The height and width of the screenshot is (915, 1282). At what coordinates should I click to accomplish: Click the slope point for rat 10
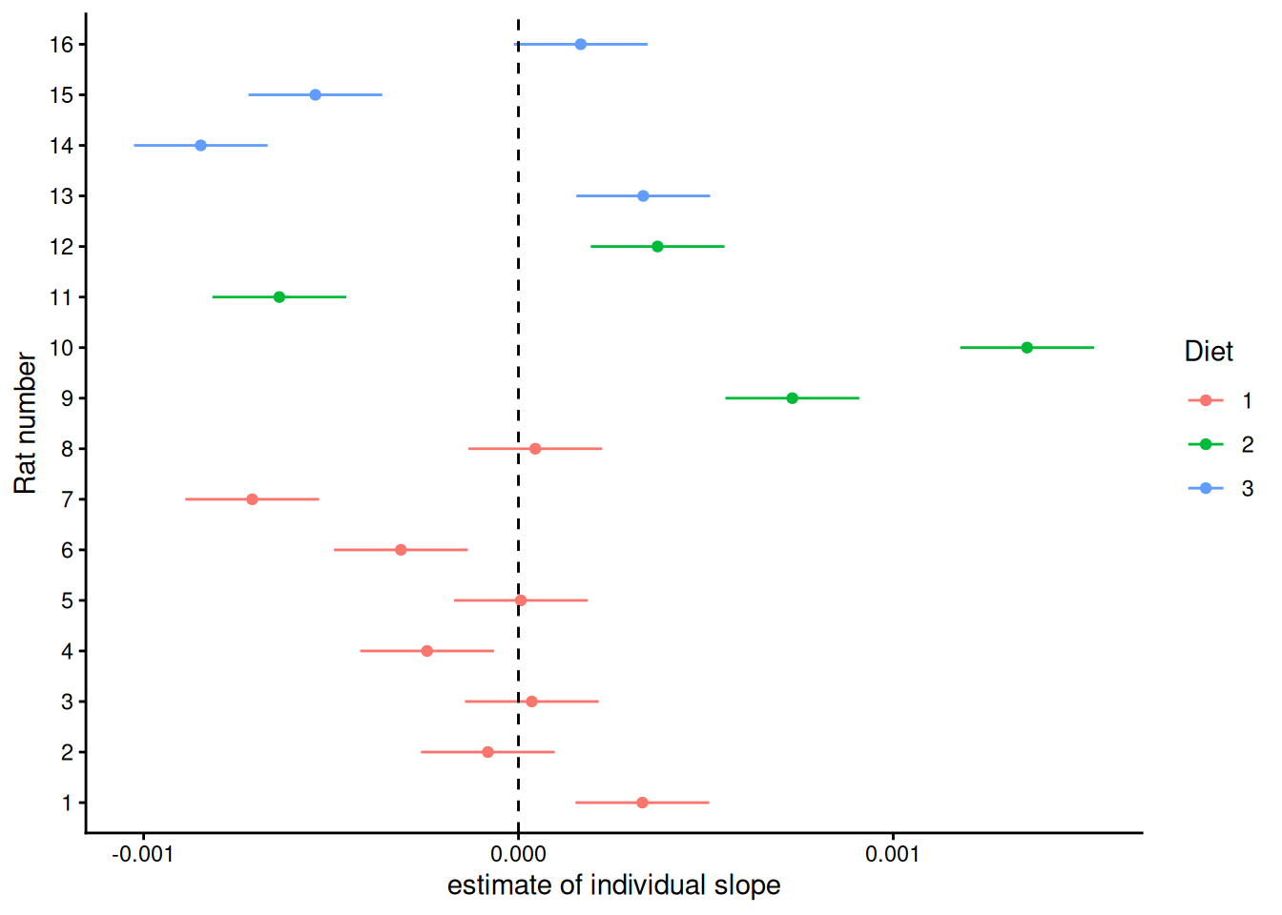pyautogui.click(x=1026, y=348)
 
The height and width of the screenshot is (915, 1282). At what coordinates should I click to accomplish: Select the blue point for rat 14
pyautogui.click(x=200, y=146)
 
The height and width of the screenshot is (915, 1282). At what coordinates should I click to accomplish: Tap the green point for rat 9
pyautogui.click(x=792, y=398)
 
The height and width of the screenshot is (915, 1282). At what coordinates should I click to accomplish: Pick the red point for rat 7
pyautogui.click(x=252, y=499)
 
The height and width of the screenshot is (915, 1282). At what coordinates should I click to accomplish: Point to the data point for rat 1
pyautogui.click(x=642, y=803)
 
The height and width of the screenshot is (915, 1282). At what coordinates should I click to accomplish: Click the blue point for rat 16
pyautogui.click(x=581, y=45)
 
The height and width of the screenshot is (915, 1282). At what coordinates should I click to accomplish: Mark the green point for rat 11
pyautogui.click(x=279, y=297)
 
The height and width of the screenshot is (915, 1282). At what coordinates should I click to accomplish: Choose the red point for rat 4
pyautogui.click(x=426, y=651)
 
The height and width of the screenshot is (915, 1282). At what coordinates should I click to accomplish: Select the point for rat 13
pyautogui.click(x=643, y=196)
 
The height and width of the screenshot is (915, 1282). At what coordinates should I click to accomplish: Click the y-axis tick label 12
pyautogui.click(x=61, y=247)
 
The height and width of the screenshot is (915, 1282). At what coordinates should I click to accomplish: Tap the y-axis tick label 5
pyautogui.click(x=67, y=601)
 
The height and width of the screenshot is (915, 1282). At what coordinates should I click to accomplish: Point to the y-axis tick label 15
pyautogui.click(x=61, y=95)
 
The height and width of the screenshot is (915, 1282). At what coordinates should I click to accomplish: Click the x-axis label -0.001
pyautogui.click(x=143, y=854)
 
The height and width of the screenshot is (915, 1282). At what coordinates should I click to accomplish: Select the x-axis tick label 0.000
pyautogui.click(x=518, y=854)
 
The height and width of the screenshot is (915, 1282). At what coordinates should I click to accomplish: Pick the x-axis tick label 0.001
pyautogui.click(x=893, y=854)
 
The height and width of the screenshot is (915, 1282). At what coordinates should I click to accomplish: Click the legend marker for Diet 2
pyautogui.click(x=1206, y=444)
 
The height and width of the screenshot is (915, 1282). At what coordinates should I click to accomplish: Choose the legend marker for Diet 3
pyautogui.click(x=1206, y=488)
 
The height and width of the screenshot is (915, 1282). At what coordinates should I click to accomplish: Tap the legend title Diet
pyautogui.click(x=1209, y=352)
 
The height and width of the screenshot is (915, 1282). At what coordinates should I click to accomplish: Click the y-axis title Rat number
pyautogui.click(x=25, y=423)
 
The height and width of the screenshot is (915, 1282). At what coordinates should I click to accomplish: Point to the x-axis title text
pyautogui.click(x=613, y=885)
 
